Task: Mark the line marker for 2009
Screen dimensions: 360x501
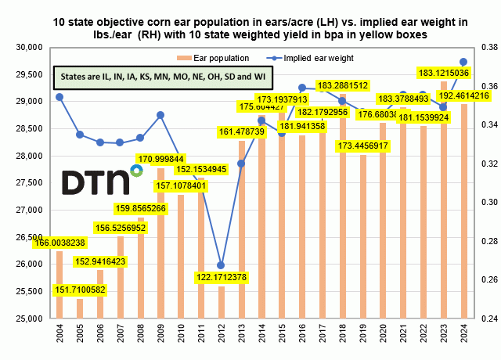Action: click(160, 115)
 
